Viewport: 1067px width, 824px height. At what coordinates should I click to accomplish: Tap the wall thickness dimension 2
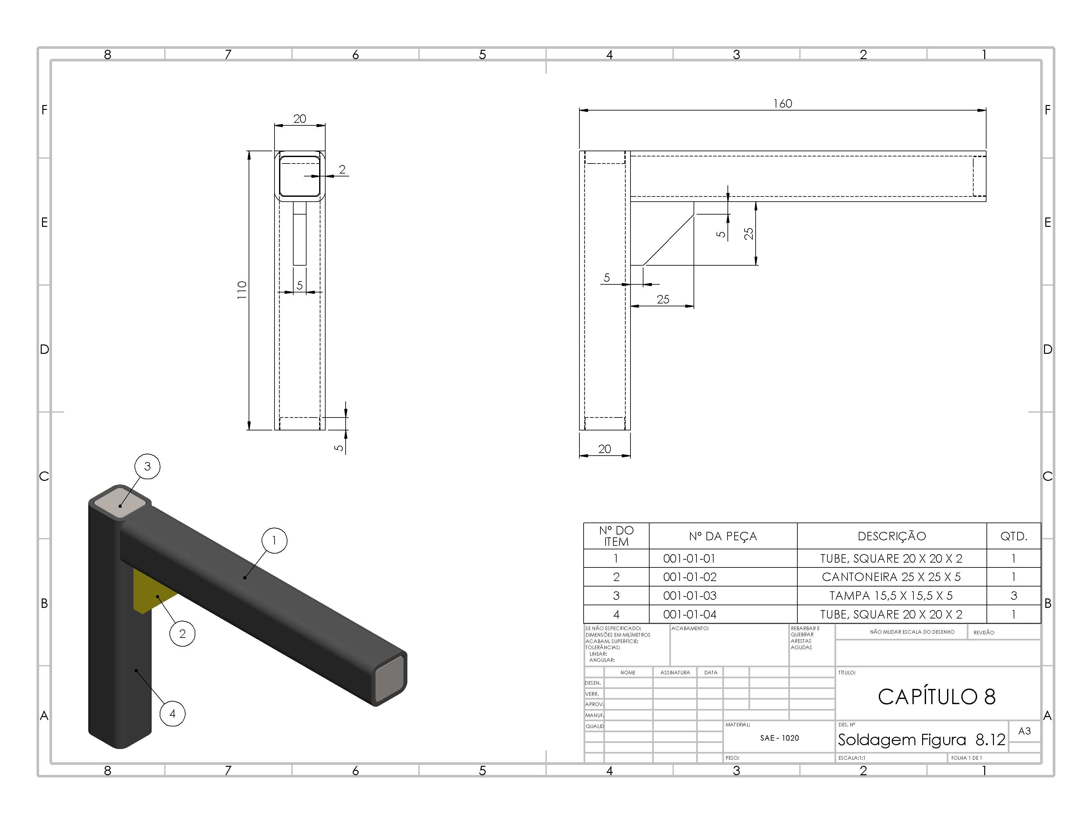[x=342, y=169]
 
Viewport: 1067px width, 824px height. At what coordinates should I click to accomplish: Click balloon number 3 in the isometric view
[x=147, y=466]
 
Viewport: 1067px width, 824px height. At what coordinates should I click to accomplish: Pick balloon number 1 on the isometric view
[x=274, y=540]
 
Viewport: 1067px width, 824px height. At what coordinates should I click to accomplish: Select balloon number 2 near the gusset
[x=182, y=634]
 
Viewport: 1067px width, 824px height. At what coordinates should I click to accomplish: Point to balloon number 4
[x=172, y=714]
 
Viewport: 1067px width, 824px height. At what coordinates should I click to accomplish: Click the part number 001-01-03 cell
[x=690, y=596]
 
